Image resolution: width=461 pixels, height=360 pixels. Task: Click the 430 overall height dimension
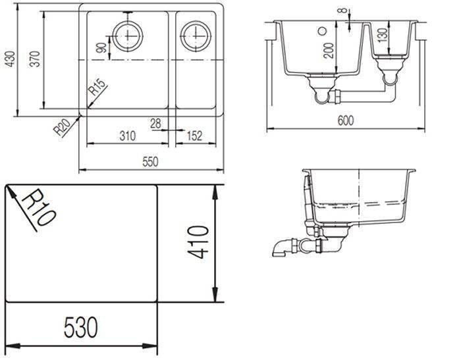coord(11,59)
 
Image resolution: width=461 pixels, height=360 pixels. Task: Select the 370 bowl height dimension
coord(35,59)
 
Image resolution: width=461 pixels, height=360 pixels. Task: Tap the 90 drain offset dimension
coord(101,47)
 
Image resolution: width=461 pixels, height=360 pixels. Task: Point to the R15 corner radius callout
coord(97,88)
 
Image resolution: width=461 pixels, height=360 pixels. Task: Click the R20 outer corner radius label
coord(62,127)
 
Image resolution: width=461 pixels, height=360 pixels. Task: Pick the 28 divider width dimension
coord(156,124)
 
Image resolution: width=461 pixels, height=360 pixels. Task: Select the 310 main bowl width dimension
coord(128,136)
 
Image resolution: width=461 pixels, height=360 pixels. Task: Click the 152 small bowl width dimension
coord(195,136)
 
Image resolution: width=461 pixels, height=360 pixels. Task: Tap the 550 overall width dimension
coord(150,162)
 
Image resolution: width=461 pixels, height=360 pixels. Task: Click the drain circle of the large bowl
coord(128,36)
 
